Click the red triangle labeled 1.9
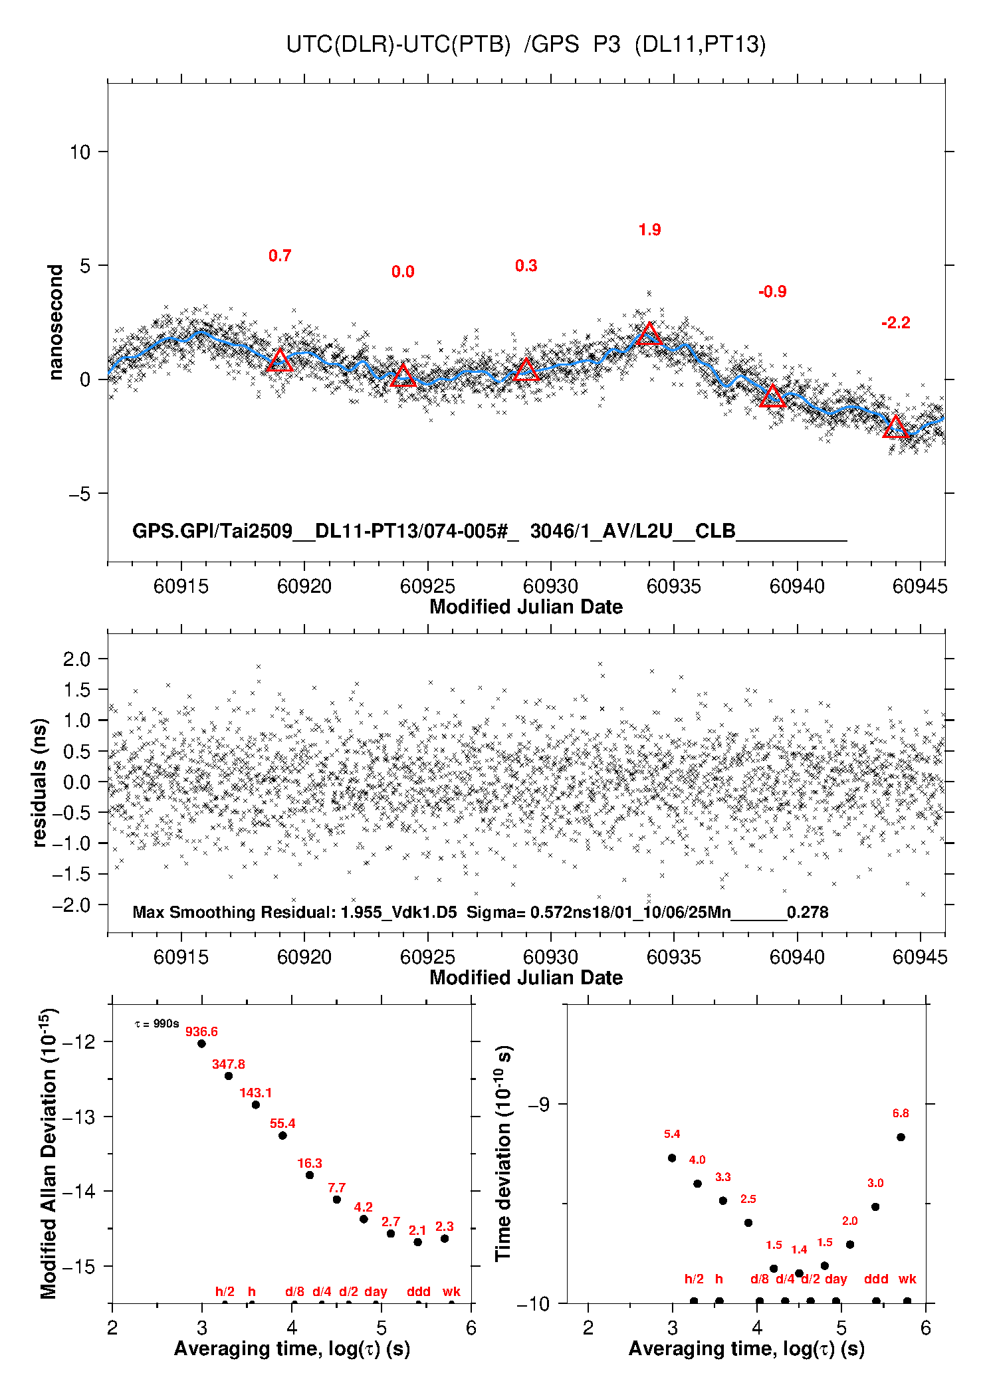coord(649,334)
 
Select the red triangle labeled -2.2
coord(895,427)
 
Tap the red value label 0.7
coord(280,256)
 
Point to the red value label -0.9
coord(772,292)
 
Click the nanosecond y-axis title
coord(55,322)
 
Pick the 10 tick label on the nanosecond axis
coord(80,152)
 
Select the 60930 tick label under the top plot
coord(550,586)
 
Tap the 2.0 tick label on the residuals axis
coord(76,659)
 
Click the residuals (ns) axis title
coord(40,782)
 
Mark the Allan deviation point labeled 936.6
coord(201,1043)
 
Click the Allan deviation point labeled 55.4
coord(282,1135)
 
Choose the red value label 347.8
coord(228,1064)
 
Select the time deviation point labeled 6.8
coord(901,1137)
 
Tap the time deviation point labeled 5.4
coord(672,1158)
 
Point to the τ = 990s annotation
coord(157,1023)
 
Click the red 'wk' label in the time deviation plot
coord(907,1279)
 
